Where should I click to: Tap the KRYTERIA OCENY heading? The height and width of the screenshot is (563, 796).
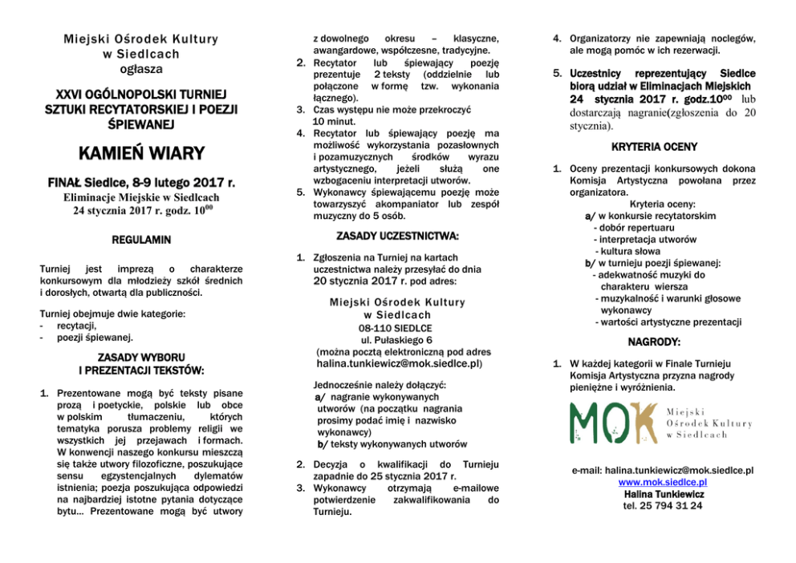[654, 148]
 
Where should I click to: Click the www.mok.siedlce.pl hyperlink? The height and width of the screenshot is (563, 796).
[662, 482]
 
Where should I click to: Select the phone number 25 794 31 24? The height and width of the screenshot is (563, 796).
[662, 506]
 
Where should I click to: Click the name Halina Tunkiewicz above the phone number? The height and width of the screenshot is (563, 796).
[662, 494]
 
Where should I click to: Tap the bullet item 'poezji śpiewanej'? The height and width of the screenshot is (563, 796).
[95, 338]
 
